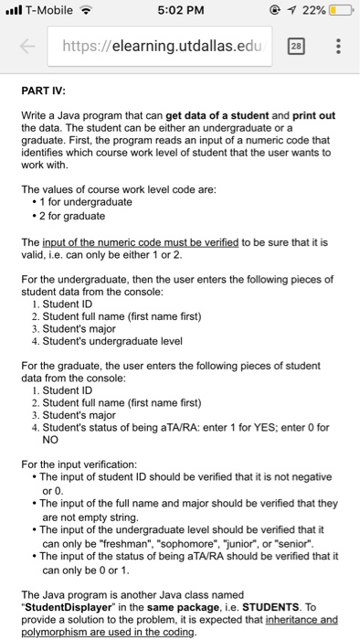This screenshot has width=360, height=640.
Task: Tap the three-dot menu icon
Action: point(340,50)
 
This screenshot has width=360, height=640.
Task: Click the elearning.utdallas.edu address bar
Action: point(169,50)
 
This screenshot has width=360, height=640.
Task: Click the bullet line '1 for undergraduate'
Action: point(87,201)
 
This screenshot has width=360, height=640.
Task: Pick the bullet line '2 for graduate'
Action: point(72,215)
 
